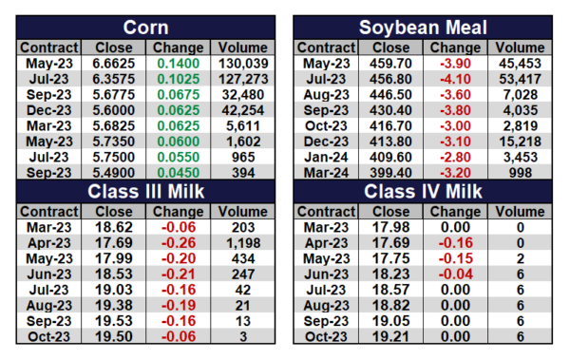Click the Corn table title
(x=145, y=28)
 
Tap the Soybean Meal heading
(x=423, y=28)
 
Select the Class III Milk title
(x=145, y=191)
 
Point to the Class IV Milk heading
(x=423, y=191)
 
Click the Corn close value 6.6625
(x=113, y=64)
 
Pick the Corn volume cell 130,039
(x=243, y=64)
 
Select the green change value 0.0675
(x=179, y=95)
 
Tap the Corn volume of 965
(x=243, y=157)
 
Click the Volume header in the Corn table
(x=243, y=47)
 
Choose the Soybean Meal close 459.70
(x=390, y=64)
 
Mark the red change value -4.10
(x=455, y=79)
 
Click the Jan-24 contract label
(x=326, y=157)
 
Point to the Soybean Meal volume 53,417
(x=521, y=79)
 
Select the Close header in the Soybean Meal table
(x=390, y=47)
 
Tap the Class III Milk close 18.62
(x=113, y=227)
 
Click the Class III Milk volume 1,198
(x=243, y=243)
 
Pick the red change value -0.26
(x=179, y=243)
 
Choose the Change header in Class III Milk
(x=179, y=212)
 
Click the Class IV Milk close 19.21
(x=390, y=336)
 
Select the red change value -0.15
(x=455, y=258)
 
